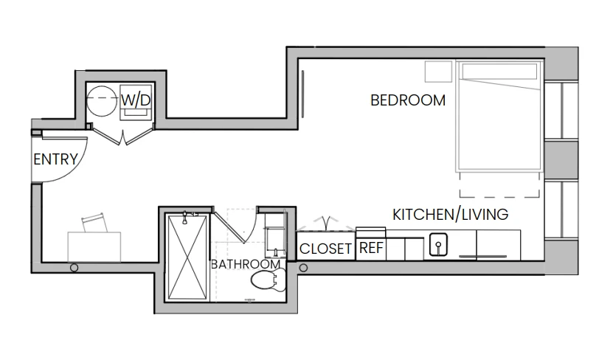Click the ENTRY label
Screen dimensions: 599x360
click(x=55, y=159)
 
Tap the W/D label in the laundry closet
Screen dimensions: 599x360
click(x=136, y=100)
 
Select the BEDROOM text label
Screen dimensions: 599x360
click(x=408, y=100)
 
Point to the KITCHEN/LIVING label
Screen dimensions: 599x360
click(x=451, y=215)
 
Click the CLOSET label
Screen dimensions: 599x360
click(x=325, y=249)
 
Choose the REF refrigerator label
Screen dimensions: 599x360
click(x=371, y=248)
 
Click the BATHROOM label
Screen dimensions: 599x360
click(x=246, y=264)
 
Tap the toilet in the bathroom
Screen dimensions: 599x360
click(x=269, y=280)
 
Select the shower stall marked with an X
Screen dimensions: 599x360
click(x=187, y=257)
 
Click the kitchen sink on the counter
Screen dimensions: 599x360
click(x=438, y=244)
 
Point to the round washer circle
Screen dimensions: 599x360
click(x=102, y=100)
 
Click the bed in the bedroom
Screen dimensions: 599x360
click(x=499, y=115)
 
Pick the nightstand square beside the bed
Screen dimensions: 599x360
click(x=438, y=71)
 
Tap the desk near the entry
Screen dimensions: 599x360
click(x=94, y=247)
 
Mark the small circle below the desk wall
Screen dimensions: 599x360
click(x=74, y=268)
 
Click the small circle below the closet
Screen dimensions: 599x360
click(x=303, y=268)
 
